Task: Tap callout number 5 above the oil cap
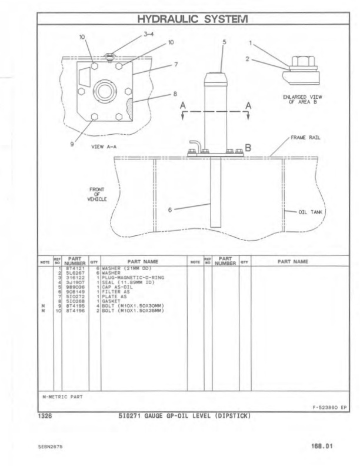click(x=224, y=42)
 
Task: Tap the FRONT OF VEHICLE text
click(x=96, y=194)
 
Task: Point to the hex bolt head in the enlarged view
click(x=298, y=61)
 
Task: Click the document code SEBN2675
click(x=52, y=447)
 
